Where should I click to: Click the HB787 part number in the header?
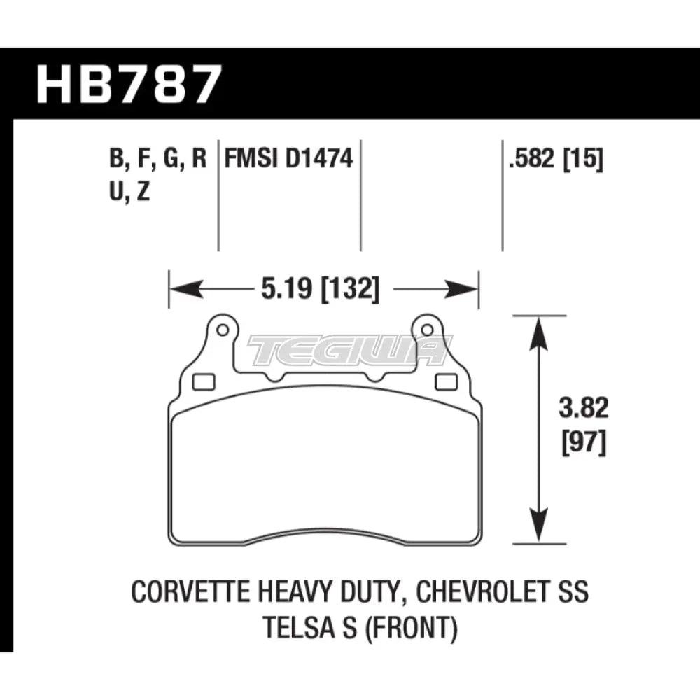(129, 83)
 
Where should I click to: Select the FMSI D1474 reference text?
(288, 160)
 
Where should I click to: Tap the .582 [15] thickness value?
(556, 160)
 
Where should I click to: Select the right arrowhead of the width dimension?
(465, 288)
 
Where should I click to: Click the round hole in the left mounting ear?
(222, 328)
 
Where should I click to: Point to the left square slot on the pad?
(203, 381)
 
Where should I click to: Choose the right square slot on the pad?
(444, 381)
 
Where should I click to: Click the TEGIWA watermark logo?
(348, 350)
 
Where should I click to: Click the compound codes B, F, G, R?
(158, 160)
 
